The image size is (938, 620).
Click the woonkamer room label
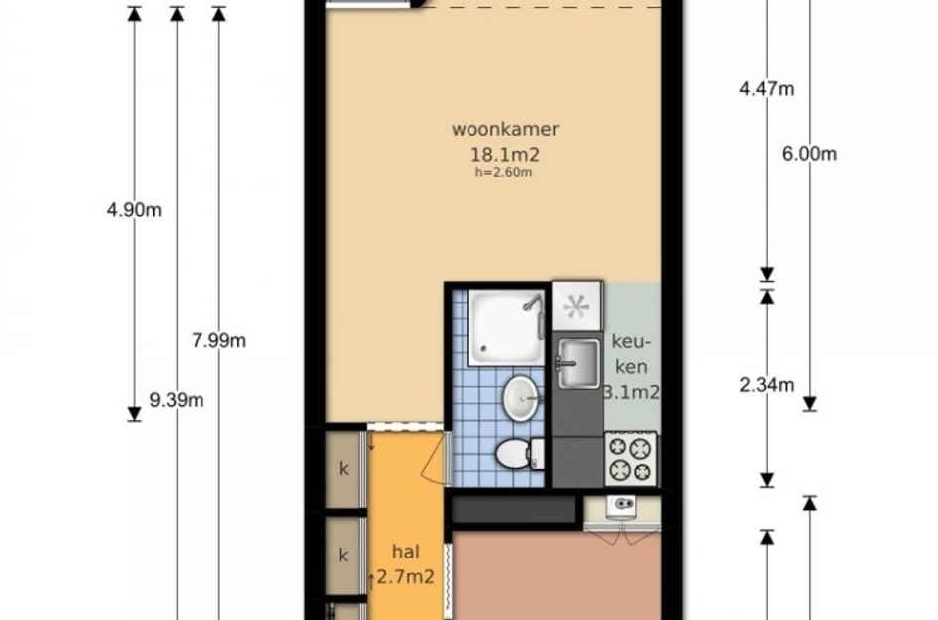click(x=505, y=129)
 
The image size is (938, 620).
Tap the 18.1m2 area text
click(x=505, y=155)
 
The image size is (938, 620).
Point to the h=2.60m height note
click(x=503, y=173)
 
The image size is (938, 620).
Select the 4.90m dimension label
click(x=134, y=210)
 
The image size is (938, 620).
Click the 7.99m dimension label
click(x=219, y=341)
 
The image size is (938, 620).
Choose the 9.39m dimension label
click(x=177, y=400)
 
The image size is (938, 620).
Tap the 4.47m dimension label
click(x=767, y=89)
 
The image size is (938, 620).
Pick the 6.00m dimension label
click(x=809, y=154)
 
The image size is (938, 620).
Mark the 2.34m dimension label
click(x=767, y=385)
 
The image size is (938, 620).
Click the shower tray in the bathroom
click(x=506, y=327)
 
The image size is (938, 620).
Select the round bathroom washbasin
click(x=520, y=398)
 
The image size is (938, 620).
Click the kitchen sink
click(x=579, y=363)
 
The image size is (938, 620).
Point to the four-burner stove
click(x=631, y=459)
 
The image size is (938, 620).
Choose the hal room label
click(x=405, y=552)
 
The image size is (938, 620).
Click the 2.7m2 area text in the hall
click(x=405, y=577)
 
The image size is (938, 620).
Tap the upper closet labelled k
click(x=344, y=469)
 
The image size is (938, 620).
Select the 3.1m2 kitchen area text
click(x=632, y=392)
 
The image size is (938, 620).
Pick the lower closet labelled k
click(x=344, y=557)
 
